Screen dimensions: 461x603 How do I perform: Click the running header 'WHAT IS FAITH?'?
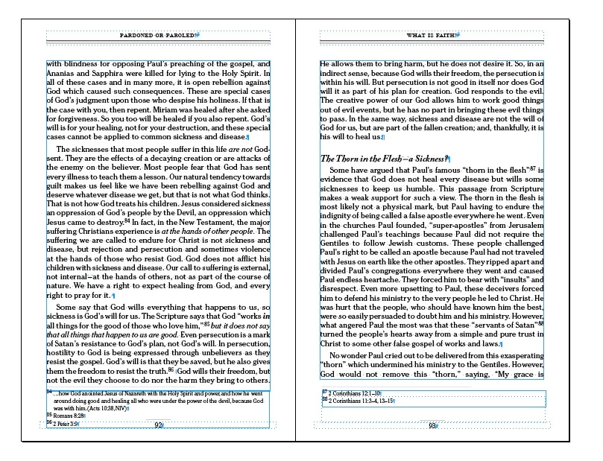432,35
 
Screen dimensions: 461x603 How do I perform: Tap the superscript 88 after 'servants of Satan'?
541,323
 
